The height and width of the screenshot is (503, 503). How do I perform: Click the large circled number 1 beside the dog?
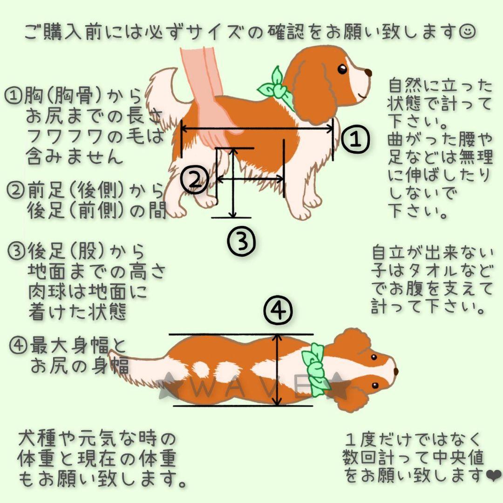[x=356, y=141]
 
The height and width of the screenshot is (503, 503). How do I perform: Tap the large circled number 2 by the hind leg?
[x=195, y=181]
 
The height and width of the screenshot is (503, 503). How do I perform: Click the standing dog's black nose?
[x=368, y=73]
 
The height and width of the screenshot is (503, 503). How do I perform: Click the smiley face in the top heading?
[x=467, y=32]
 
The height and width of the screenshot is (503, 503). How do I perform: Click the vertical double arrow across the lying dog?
[x=278, y=370]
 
